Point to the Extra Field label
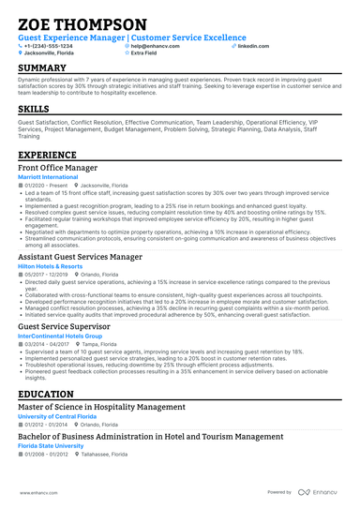144,53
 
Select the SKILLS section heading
35,109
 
